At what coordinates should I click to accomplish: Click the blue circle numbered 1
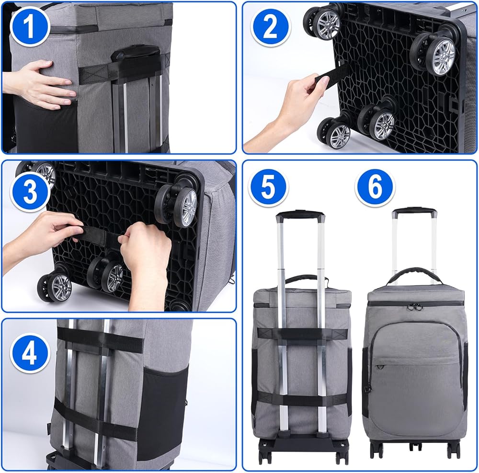[x=30, y=26]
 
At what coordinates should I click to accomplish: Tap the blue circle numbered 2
[x=270, y=27]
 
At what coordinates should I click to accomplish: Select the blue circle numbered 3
[x=30, y=192]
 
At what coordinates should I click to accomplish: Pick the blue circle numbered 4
[x=30, y=353]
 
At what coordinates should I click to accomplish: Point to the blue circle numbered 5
[x=268, y=188]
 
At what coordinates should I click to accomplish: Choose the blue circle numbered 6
[x=375, y=188]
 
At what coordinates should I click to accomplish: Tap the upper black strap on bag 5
[x=302, y=334]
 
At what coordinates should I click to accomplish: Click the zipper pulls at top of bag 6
[x=414, y=306]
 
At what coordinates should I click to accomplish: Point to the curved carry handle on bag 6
[x=414, y=271]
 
